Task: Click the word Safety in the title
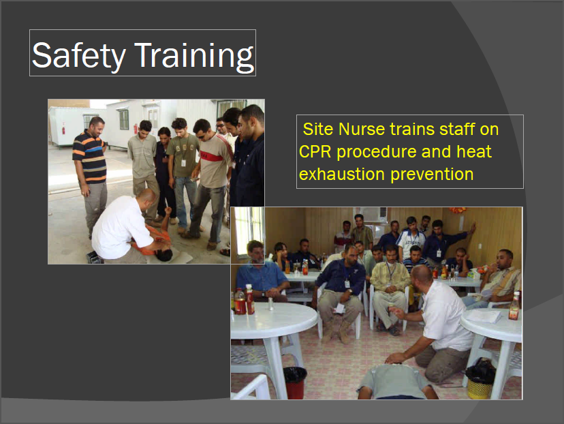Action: click(79, 55)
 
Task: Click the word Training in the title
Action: click(194, 56)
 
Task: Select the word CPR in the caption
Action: click(315, 151)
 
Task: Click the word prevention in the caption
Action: click(432, 175)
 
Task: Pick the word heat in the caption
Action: click(473, 151)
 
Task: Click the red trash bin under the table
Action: click(295, 382)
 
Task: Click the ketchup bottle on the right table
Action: click(514, 306)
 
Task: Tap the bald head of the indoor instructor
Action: click(421, 275)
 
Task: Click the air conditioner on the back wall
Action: click(373, 215)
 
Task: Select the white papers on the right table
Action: click(483, 316)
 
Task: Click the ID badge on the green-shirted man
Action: click(183, 163)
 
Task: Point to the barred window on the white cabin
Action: click(123, 119)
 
